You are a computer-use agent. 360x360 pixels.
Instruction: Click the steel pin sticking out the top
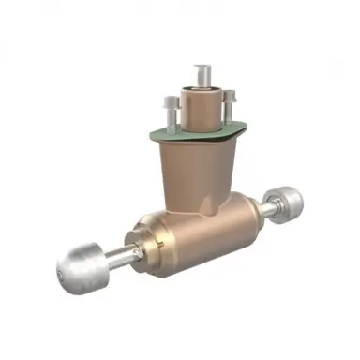click(x=202, y=78)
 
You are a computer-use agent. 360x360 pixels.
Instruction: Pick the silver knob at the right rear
click(x=284, y=201)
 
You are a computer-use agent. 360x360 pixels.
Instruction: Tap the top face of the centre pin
click(x=202, y=67)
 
